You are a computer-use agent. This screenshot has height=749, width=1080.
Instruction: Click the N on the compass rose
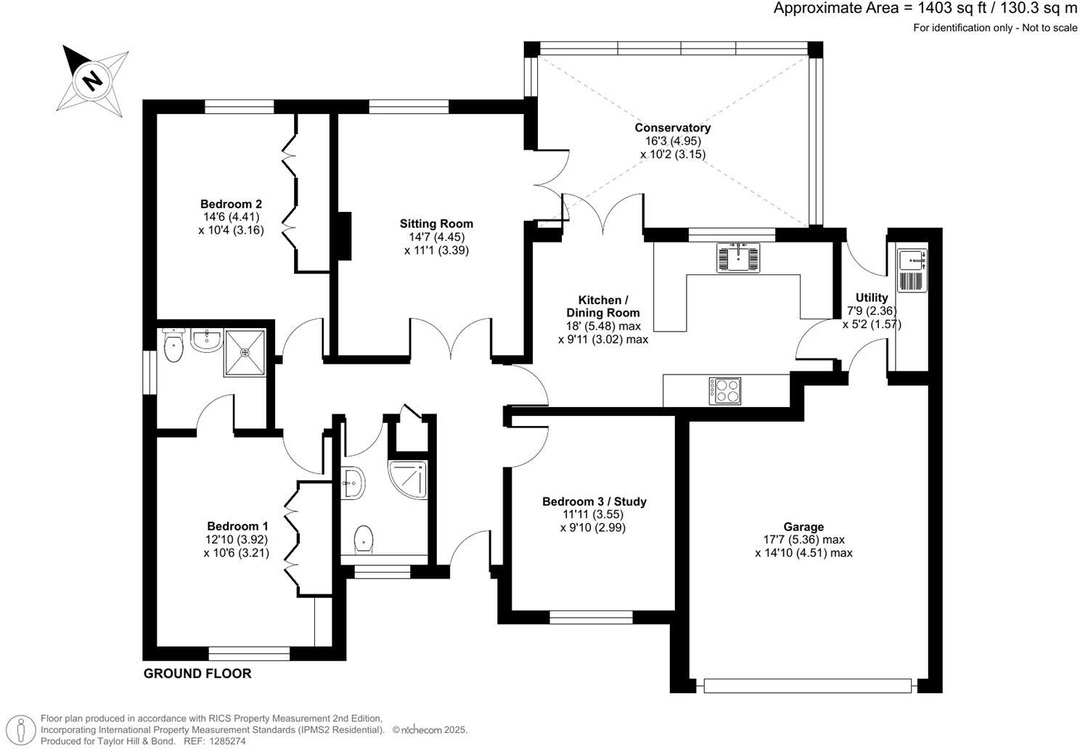click(92, 80)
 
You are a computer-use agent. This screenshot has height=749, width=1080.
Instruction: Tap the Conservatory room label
click(673, 128)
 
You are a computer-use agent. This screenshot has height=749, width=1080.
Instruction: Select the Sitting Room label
click(436, 224)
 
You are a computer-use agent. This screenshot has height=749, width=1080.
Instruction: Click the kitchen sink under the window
click(738, 258)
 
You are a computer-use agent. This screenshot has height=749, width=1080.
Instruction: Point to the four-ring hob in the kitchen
click(725, 390)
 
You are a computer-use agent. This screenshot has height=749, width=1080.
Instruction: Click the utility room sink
click(912, 270)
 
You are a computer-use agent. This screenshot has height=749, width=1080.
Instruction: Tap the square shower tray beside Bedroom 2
click(245, 353)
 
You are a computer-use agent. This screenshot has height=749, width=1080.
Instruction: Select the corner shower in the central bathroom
click(408, 479)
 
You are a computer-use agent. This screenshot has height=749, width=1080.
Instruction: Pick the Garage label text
click(803, 527)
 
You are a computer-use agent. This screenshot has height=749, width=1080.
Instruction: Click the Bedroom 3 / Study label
click(594, 502)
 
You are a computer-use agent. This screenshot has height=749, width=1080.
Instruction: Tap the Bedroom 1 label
click(237, 526)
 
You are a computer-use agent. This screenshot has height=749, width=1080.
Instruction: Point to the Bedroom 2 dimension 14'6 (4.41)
click(231, 217)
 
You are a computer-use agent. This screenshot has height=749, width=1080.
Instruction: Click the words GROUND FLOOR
click(197, 674)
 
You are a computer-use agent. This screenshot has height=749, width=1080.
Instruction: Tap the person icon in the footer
click(20, 730)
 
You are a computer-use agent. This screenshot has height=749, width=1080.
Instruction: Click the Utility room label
click(872, 298)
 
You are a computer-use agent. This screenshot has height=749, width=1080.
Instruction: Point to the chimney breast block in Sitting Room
click(344, 236)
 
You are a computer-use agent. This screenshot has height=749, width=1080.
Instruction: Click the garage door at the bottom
click(808, 686)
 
